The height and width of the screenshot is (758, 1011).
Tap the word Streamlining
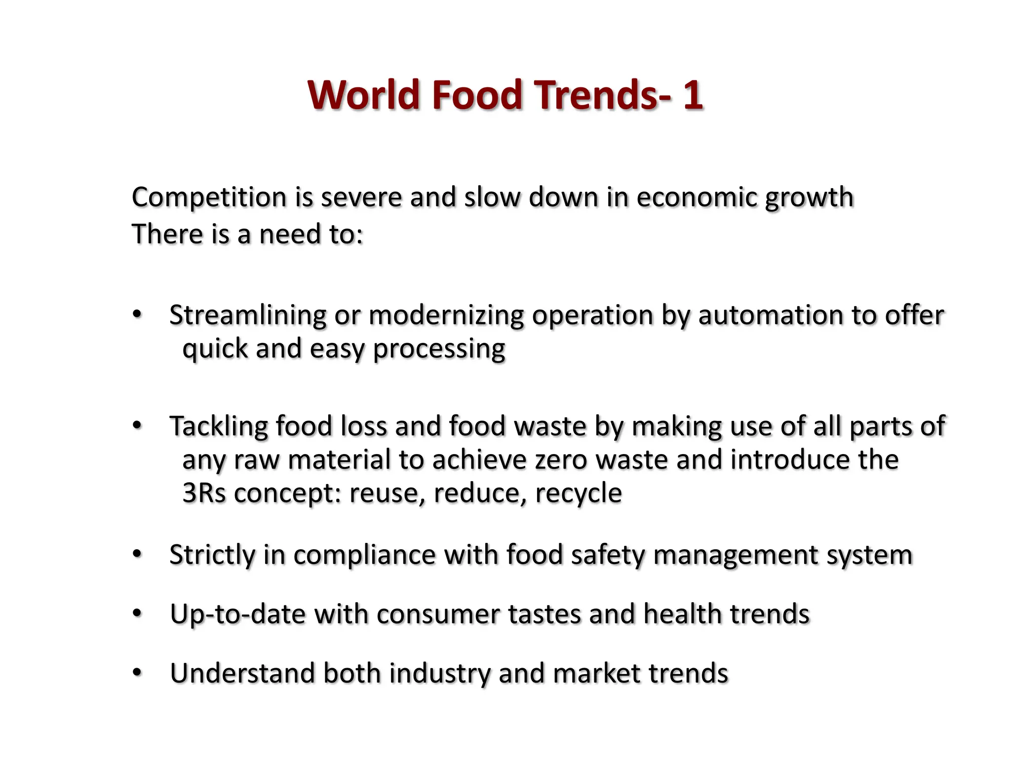[x=248, y=316]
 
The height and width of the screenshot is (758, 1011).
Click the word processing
[x=439, y=349]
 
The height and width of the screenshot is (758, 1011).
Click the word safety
[x=608, y=555]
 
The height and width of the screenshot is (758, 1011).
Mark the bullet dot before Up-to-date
[x=137, y=613]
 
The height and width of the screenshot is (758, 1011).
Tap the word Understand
[x=242, y=674]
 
